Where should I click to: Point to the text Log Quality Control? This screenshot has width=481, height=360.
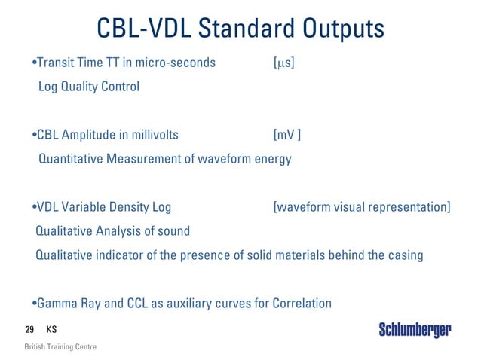click(88, 87)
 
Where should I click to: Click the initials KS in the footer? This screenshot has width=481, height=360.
click(51, 329)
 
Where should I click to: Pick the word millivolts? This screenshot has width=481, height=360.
click(152, 135)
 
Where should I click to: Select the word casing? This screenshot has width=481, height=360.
click(406, 255)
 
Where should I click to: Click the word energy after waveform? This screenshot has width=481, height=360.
click(274, 159)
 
